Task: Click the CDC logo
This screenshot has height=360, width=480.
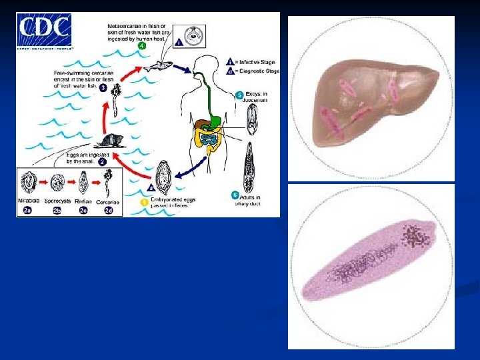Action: click(x=45, y=30)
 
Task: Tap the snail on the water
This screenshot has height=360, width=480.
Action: click(x=107, y=140)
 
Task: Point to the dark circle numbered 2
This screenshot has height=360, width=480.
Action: click(x=102, y=162)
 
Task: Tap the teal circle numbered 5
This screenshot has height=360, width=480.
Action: click(x=239, y=95)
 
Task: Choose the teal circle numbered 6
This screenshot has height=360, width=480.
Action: click(x=235, y=195)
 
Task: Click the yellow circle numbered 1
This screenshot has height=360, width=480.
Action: click(x=143, y=201)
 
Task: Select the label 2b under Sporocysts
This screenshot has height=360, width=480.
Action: click(x=57, y=210)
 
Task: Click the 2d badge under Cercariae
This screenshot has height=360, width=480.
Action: click(x=109, y=210)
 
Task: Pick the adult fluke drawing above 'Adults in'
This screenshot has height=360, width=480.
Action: click(x=250, y=166)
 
